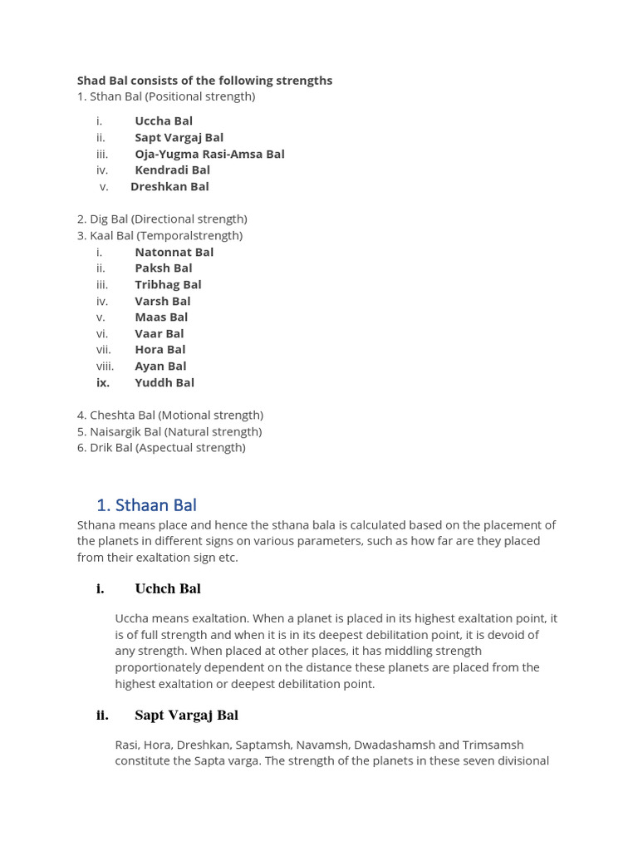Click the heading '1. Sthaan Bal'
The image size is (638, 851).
pyautogui.click(x=146, y=505)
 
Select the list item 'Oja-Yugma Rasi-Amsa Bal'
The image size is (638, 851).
pyautogui.click(x=209, y=154)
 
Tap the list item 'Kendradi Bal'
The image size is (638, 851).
pyautogui.click(x=172, y=170)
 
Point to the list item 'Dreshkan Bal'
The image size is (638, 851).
pyautogui.click(x=169, y=186)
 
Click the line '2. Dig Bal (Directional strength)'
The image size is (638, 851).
pyautogui.click(x=162, y=219)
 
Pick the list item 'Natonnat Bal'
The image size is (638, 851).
pyautogui.click(x=174, y=252)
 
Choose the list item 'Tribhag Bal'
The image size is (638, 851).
pyautogui.click(x=168, y=284)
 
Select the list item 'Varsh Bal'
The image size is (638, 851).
pyautogui.click(x=162, y=301)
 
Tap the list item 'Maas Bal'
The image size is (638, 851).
pyautogui.click(x=161, y=317)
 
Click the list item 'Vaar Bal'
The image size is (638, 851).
pyautogui.click(x=159, y=333)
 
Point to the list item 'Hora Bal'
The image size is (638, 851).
pyautogui.click(x=159, y=349)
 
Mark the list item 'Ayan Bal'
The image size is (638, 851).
pyautogui.click(x=160, y=366)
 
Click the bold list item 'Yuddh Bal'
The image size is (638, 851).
pyautogui.click(x=164, y=382)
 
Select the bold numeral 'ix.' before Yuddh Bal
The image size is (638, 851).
pyautogui.click(x=103, y=382)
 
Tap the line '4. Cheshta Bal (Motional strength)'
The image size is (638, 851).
pyautogui.click(x=170, y=415)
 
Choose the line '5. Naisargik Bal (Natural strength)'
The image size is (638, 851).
pyautogui.click(x=169, y=431)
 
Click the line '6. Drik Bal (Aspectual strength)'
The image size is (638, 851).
pyautogui.click(x=161, y=447)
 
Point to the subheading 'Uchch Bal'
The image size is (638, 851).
pyautogui.click(x=168, y=588)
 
